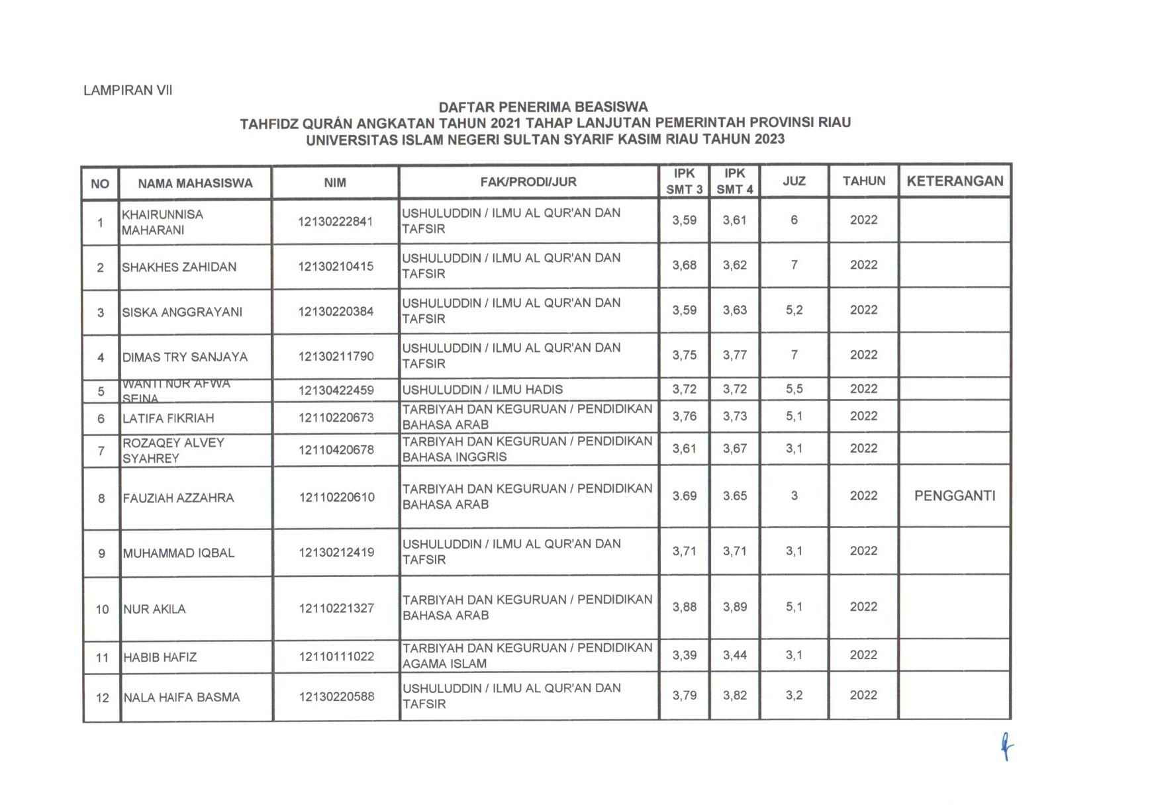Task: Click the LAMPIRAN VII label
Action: (x=128, y=91)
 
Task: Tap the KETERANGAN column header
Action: (x=955, y=181)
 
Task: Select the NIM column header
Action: (x=335, y=183)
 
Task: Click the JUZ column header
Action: (x=794, y=181)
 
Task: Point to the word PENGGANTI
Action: (x=955, y=496)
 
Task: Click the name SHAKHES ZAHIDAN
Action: (x=179, y=267)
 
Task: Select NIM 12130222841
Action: (x=336, y=222)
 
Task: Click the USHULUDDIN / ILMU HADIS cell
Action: (x=483, y=389)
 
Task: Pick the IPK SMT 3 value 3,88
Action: (x=685, y=606)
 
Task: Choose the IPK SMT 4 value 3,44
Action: (x=735, y=655)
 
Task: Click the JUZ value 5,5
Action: (x=794, y=389)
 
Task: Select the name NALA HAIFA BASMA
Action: (x=181, y=698)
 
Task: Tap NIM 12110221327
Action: (x=336, y=608)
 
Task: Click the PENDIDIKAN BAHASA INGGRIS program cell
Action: (x=527, y=449)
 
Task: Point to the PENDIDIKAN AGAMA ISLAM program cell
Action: (x=527, y=656)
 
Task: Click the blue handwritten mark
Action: (x=1006, y=748)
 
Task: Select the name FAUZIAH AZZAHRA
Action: (x=178, y=498)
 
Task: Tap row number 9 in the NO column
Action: (x=101, y=553)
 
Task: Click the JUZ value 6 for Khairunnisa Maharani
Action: (x=794, y=220)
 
